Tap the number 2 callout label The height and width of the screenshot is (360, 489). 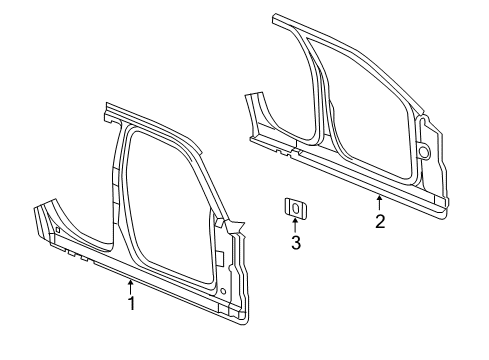(x=380, y=221)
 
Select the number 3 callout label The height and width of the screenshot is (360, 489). (x=295, y=243)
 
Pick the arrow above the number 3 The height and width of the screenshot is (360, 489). (x=295, y=225)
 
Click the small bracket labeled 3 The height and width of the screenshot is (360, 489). (x=295, y=208)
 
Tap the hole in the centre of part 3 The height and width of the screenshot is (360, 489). (x=295, y=208)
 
